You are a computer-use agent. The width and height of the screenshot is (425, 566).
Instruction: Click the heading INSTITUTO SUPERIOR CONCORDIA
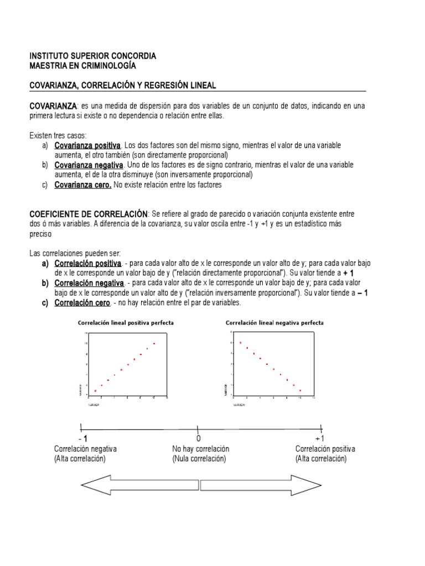[92, 56]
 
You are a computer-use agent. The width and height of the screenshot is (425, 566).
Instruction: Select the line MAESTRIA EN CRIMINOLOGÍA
[82, 66]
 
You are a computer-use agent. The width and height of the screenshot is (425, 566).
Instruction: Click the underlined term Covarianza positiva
[87, 145]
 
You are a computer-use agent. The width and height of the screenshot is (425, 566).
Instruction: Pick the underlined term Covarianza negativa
[89, 165]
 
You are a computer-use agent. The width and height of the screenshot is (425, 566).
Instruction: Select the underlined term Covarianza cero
[83, 185]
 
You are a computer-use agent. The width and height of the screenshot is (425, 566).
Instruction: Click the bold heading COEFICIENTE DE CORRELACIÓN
[88, 213]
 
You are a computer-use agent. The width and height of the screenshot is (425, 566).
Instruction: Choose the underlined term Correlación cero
[82, 303]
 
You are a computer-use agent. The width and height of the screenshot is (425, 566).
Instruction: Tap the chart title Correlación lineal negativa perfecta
[274, 323]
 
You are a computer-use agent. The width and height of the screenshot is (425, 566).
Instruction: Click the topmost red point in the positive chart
[154, 344]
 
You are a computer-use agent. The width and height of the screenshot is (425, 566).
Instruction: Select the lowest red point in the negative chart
[300, 391]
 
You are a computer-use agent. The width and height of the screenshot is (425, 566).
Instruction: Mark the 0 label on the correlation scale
[198, 438]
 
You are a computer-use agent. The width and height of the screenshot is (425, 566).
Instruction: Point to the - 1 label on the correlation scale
[82, 438]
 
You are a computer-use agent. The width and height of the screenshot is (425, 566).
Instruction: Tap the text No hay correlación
[200, 449]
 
